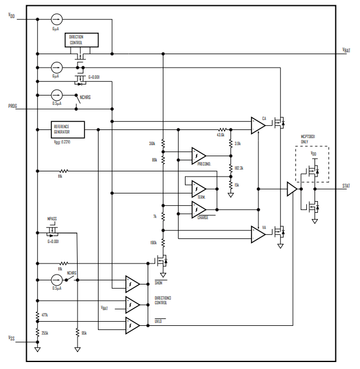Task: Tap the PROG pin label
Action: coord(12,106)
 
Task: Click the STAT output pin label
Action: coord(346,186)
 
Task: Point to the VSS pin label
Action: coord(11,338)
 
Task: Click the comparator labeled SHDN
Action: coord(132,284)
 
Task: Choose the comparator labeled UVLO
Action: coord(132,325)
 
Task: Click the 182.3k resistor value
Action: coord(239,168)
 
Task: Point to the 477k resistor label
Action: coord(44,315)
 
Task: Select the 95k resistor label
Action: coord(84,333)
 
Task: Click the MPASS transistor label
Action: coord(52,221)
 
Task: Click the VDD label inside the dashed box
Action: coord(314,154)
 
